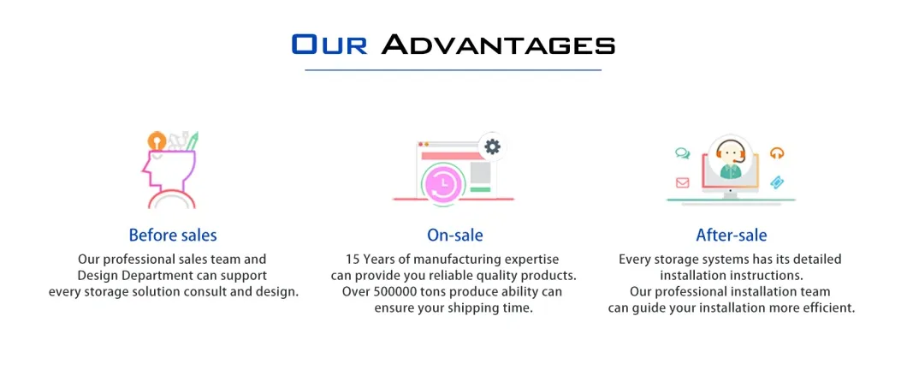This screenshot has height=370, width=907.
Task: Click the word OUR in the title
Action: (329, 44)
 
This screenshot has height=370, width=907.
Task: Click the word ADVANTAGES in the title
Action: (498, 44)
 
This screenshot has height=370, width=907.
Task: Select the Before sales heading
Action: (173, 235)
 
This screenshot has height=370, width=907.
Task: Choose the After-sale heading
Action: (731, 235)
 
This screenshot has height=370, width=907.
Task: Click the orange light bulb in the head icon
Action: (156, 140)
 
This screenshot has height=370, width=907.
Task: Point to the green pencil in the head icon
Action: (193, 139)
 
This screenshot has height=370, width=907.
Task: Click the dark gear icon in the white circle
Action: (492, 146)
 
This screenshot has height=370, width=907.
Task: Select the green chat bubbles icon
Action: (682, 154)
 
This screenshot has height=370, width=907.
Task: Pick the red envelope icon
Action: (683, 182)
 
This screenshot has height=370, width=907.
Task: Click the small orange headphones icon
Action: (777, 153)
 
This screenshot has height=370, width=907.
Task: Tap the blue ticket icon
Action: (777, 182)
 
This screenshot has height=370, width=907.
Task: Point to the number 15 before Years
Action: (353, 259)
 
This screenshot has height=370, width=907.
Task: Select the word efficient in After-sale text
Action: (826, 307)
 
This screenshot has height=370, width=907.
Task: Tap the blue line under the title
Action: (453, 69)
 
